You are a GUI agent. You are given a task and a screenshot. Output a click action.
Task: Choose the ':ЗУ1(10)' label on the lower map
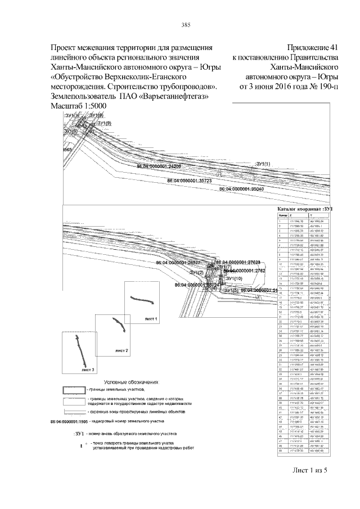pyautogui.click(x=233, y=278)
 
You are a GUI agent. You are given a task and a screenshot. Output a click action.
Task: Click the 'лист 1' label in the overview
pyautogui.click(x=151, y=319)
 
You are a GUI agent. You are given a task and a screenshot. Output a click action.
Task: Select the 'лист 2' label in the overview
pyautogui.click(x=121, y=350)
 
